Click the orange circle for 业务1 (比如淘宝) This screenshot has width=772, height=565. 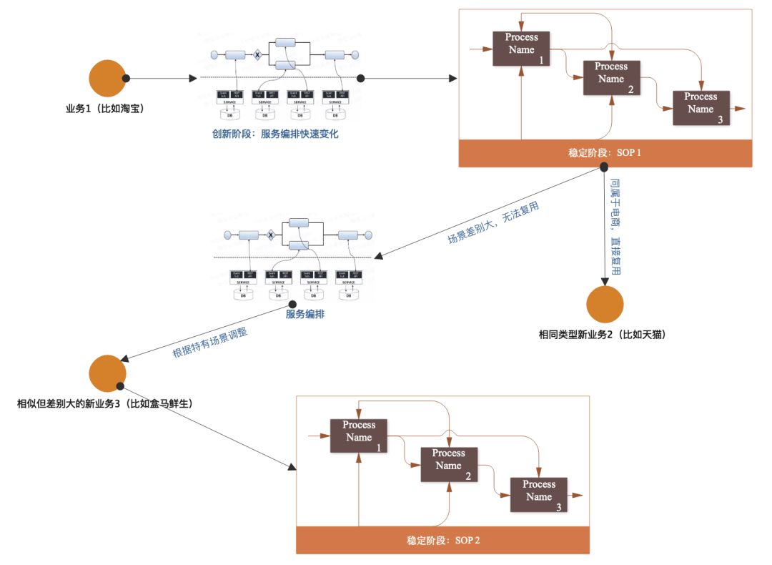coord(107,78)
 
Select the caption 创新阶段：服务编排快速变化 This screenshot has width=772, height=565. coord(274,134)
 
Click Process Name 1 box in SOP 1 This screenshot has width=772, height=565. coord(521,49)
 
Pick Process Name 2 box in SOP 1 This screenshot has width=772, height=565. coord(611,78)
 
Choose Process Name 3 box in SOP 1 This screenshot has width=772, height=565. coord(701,108)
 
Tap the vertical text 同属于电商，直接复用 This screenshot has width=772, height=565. coord(615,227)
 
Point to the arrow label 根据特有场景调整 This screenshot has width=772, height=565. coord(211,342)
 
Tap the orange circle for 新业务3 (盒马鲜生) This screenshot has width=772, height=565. coord(107,372)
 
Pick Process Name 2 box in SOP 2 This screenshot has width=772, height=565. coord(448,465)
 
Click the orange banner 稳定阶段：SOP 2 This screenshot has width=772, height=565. coord(443,540)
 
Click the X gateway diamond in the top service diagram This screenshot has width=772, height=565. coord(257,55)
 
